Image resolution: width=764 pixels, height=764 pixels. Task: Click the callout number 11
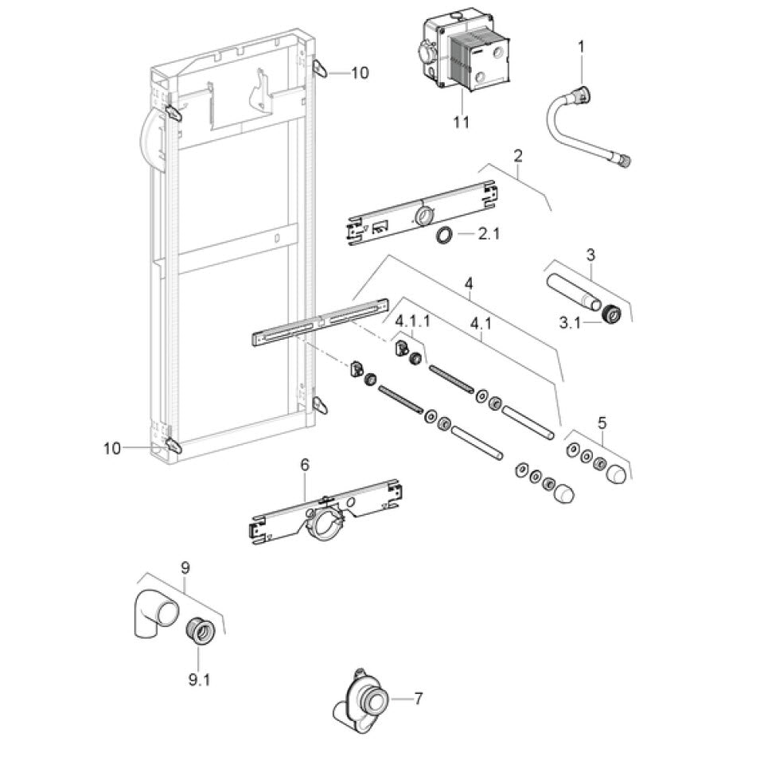[x=461, y=123]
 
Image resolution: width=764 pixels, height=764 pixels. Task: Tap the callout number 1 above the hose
[x=580, y=47]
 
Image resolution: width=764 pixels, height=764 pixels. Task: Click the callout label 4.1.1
[x=414, y=320]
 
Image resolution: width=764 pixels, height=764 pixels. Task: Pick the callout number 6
[x=305, y=463]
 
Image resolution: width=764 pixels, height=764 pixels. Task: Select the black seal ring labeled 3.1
[x=610, y=314]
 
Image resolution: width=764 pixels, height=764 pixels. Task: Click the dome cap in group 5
[x=617, y=476]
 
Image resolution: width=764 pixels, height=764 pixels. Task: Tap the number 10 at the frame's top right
[x=359, y=72]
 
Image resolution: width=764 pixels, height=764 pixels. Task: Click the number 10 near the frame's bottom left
[x=112, y=448]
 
